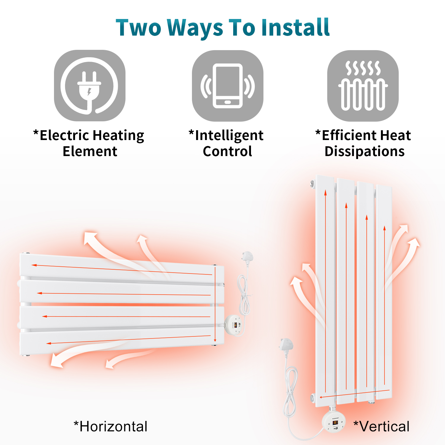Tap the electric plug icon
point(90,85)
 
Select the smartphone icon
point(228,86)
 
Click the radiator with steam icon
point(363,86)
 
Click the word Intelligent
point(229,136)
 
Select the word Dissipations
point(365,152)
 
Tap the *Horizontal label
point(110,427)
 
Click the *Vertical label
point(382,427)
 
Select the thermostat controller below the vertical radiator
point(334,420)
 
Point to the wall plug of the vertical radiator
point(286,345)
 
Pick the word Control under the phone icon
point(228,151)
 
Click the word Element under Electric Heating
point(90,151)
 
